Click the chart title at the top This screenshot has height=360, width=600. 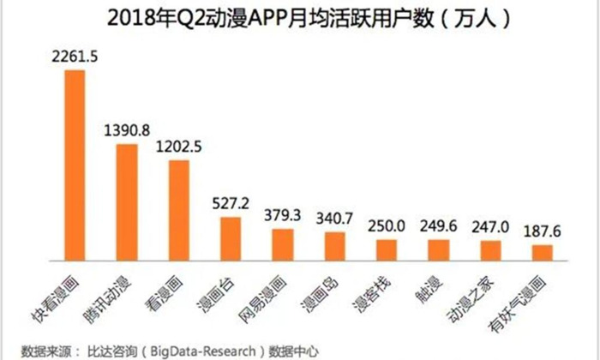point(299,18)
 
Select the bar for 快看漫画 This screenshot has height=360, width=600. point(75,164)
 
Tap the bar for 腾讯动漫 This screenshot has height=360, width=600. point(126,201)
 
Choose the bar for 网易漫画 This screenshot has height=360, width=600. point(282,243)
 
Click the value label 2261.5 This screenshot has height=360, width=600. point(75,57)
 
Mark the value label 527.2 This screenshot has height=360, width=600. point(231,204)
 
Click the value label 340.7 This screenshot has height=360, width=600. point(334,219)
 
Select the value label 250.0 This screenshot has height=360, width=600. point(387,227)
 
